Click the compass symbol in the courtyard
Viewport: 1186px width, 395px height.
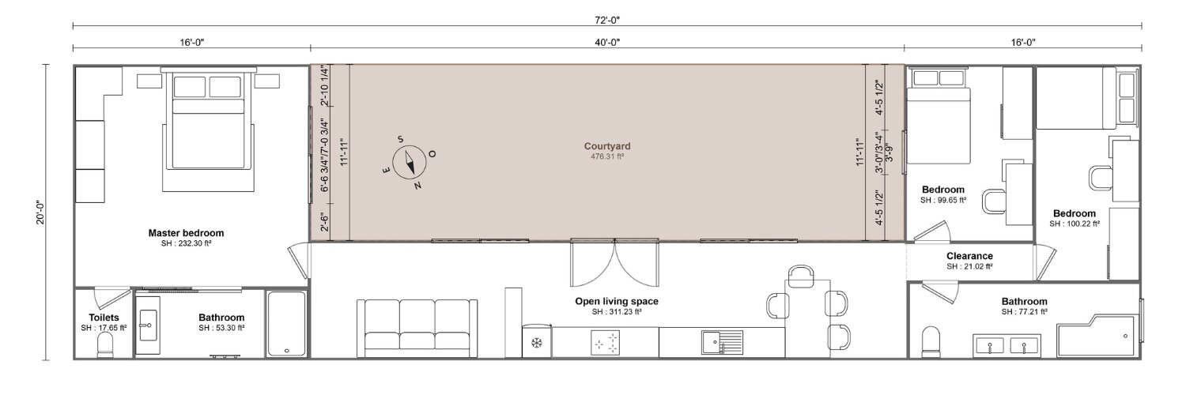[410, 163]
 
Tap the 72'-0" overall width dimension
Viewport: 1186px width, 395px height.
[606, 21]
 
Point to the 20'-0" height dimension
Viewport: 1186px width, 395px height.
[41, 212]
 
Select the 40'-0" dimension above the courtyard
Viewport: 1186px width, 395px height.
[606, 43]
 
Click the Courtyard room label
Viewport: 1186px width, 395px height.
[607, 146]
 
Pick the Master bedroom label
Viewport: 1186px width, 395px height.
[186, 233]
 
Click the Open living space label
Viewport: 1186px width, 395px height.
[617, 301]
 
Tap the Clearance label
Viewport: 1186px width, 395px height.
[969, 256]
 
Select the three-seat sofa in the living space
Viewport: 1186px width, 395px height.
[417, 328]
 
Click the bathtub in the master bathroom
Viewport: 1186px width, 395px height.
[286, 324]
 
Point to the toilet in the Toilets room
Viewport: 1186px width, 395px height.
[105, 348]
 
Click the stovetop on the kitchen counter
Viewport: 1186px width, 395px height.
[606, 343]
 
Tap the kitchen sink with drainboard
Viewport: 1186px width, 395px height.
[723, 342]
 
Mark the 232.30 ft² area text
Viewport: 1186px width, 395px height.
[187, 244]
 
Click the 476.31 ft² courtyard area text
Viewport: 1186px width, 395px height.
[607, 156]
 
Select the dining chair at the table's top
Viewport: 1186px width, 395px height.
[800, 276]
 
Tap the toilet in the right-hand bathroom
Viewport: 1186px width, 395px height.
[931, 342]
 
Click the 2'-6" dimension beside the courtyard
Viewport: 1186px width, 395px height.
[325, 222]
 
